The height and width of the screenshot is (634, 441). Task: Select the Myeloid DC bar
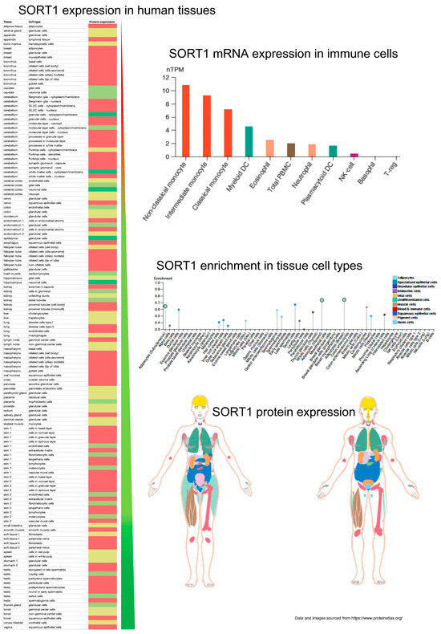tap(249, 142)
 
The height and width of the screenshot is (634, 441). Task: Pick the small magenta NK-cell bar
tap(354, 155)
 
